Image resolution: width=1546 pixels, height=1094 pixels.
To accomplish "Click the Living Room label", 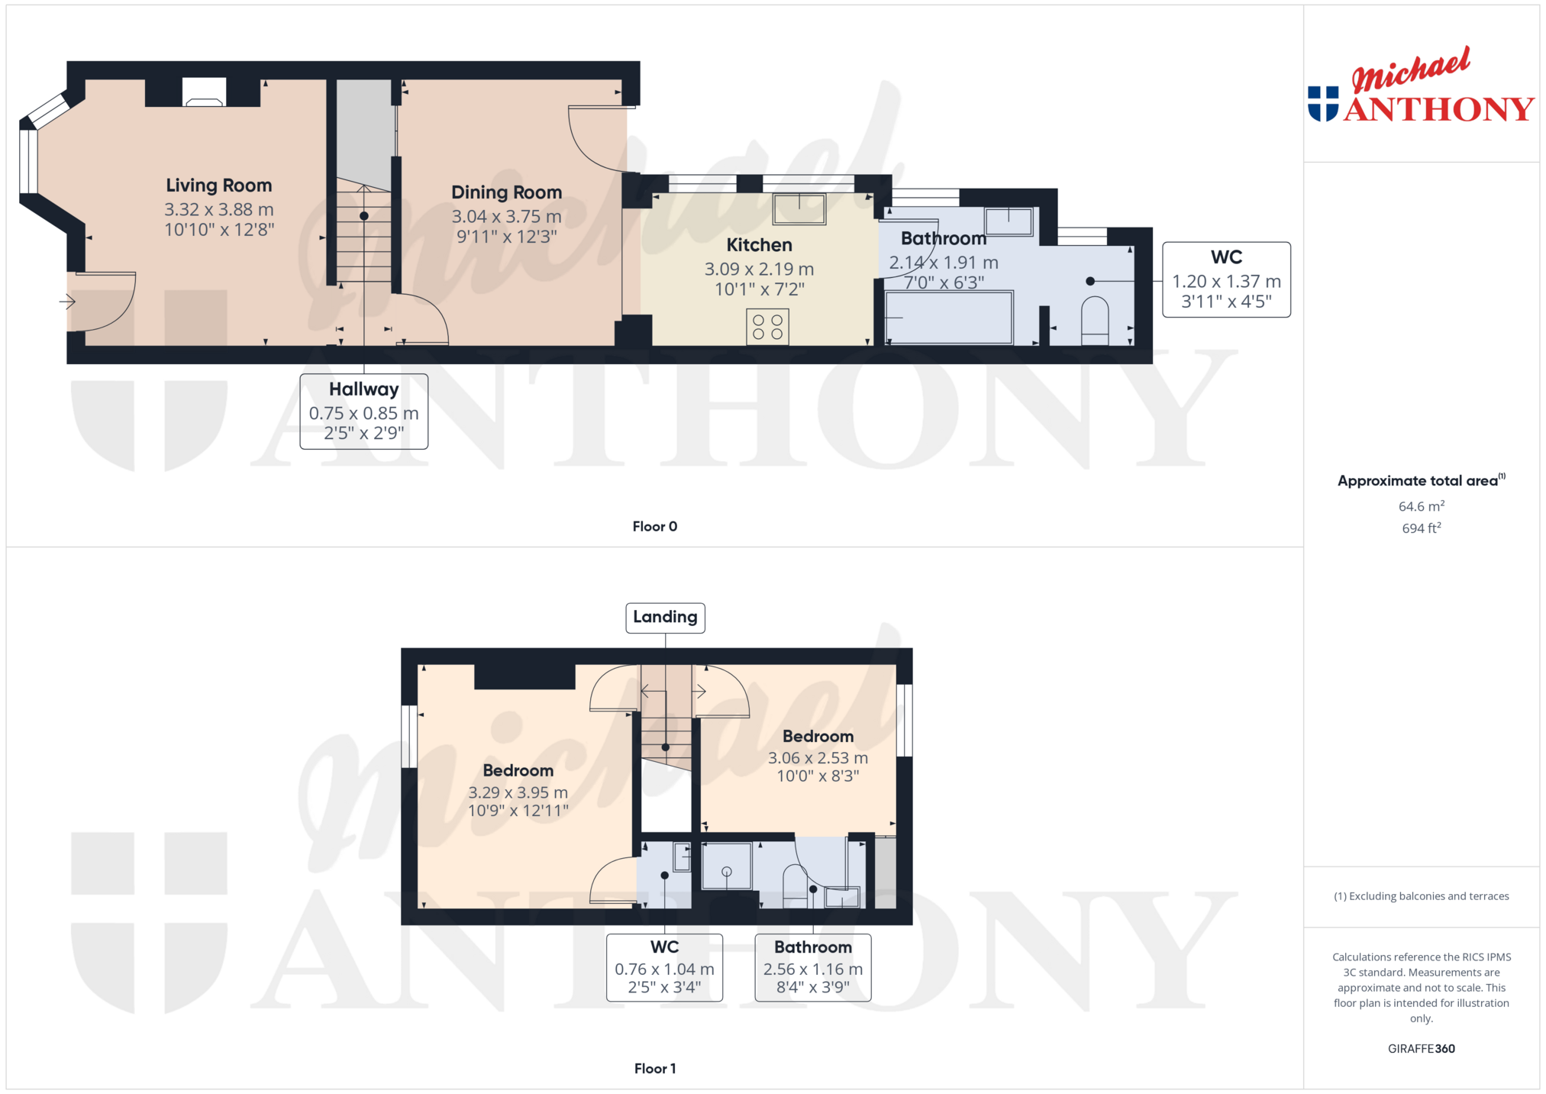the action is [x=219, y=186].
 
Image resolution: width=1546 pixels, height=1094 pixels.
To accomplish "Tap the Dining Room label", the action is [x=506, y=192].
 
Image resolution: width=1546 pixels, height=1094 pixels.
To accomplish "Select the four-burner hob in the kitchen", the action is [x=767, y=327].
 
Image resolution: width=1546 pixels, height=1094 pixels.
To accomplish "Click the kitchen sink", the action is [x=799, y=208].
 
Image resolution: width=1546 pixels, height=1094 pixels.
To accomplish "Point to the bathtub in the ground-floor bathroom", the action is [x=949, y=318].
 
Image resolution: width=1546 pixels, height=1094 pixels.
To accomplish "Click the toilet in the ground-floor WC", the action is [x=1095, y=321].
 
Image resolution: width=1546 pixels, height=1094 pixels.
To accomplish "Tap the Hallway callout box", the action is [x=364, y=411].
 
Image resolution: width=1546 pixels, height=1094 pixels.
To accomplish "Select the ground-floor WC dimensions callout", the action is [x=1227, y=279].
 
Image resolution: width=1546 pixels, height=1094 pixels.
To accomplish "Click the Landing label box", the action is [x=665, y=618].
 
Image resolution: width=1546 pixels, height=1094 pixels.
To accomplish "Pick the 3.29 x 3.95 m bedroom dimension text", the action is [x=518, y=792].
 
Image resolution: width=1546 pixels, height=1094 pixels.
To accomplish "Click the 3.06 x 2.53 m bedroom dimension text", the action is [x=818, y=758].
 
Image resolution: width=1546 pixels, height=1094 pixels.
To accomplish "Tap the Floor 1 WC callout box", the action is [x=664, y=967].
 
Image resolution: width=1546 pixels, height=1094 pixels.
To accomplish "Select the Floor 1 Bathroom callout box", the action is [x=813, y=967].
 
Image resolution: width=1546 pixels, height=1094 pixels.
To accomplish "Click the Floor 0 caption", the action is [x=655, y=527].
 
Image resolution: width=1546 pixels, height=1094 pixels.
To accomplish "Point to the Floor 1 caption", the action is [x=655, y=1069].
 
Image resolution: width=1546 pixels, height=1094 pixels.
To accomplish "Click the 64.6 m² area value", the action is [x=1422, y=506].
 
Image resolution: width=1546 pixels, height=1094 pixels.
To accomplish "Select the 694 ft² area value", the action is [x=1422, y=528].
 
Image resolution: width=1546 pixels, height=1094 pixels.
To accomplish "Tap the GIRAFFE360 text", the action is [x=1422, y=1049].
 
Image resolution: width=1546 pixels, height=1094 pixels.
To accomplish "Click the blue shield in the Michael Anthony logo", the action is [x=1323, y=104].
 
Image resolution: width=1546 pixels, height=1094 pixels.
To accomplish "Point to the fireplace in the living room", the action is [x=204, y=92].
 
